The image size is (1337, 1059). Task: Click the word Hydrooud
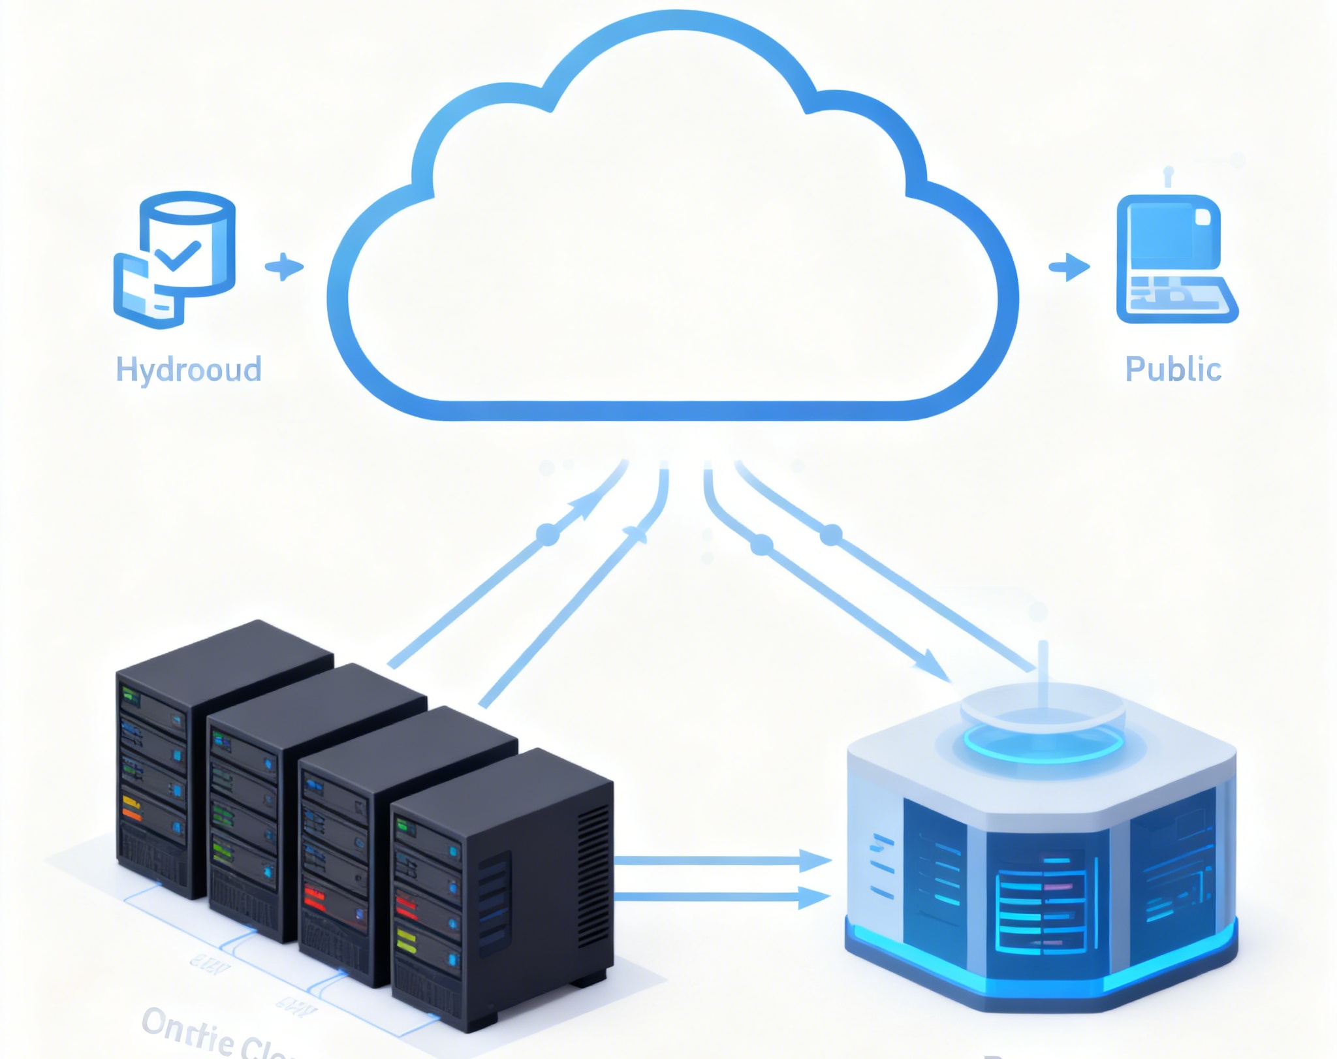point(189,370)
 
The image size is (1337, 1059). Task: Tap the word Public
point(1173,370)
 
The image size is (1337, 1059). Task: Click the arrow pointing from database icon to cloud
point(285,267)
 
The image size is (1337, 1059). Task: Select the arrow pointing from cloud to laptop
point(1069,267)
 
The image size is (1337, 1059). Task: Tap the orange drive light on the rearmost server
point(131,814)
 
